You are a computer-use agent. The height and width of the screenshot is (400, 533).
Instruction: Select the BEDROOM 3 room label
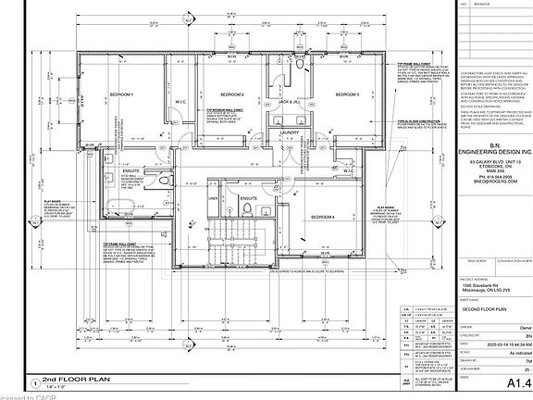coord(346,95)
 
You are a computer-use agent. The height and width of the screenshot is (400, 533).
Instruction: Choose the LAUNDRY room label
coord(287,132)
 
